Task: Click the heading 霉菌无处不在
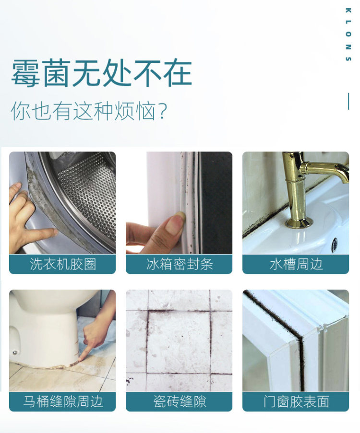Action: pyautogui.click(x=101, y=73)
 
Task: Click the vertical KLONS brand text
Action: pyautogui.click(x=348, y=35)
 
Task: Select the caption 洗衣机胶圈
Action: pyautogui.click(x=63, y=264)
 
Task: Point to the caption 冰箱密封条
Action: pyautogui.click(x=180, y=264)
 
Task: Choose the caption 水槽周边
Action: pyautogui.click(x=296, y=264)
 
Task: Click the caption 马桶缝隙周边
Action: pyautogui.click(x=63, y=401)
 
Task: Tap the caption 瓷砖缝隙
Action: pyautogui.click(x=180, y=401)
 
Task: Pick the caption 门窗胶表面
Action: pyautogui.click(x=296, y=401)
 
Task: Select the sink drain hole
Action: pyautogui.click(x=335, y=243)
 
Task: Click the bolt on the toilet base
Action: pyautogui.click(x=14, y=352)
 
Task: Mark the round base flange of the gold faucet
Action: pyautogui.click(x=300, y=222)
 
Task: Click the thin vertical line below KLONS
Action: pyautogui.click(x=348, y=101)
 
